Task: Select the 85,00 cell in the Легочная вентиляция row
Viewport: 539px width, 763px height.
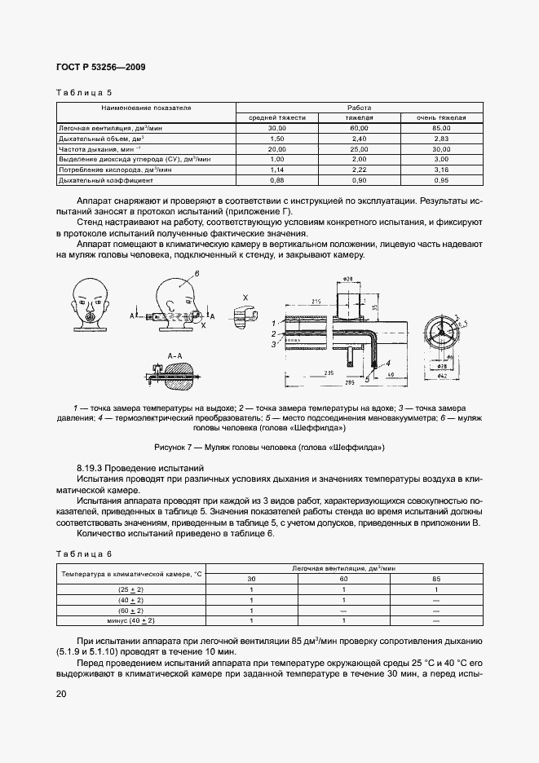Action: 441,129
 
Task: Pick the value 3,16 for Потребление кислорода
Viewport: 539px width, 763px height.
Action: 441,170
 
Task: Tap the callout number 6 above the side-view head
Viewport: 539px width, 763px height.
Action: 197,278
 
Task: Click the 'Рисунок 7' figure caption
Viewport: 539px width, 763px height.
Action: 269,447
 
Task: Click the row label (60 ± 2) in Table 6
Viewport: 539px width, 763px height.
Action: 130,610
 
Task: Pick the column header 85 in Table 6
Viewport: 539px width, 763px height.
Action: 436,580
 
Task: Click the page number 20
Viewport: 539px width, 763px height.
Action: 61,694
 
